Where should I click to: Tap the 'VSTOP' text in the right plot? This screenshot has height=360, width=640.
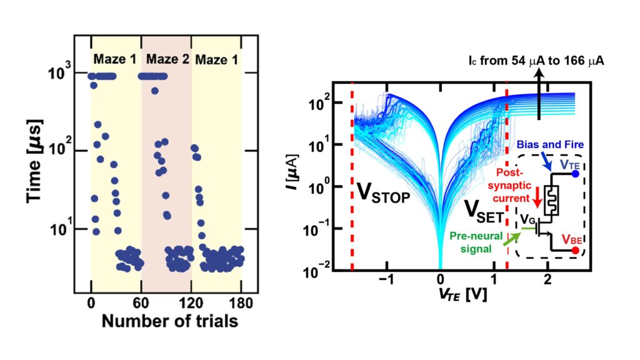383,193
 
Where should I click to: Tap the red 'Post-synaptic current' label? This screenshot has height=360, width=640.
511,181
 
